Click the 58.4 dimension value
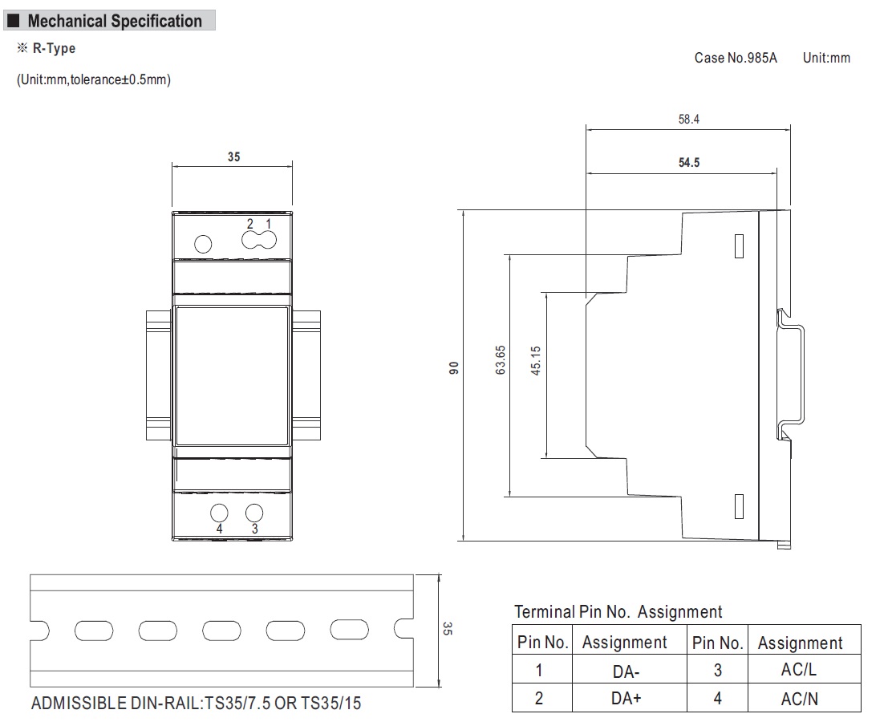689,120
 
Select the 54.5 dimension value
689,162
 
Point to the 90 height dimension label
453,368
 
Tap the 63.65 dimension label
501,361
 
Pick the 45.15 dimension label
536,361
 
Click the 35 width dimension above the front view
233,157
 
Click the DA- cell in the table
625,671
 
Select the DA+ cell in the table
625,698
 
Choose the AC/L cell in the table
799,671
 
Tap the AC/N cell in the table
799,698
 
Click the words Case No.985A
736,58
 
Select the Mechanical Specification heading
115,21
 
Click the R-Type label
54,48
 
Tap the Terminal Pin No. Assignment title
618,612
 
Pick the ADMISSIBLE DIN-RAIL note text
197,704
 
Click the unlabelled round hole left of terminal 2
204,243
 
